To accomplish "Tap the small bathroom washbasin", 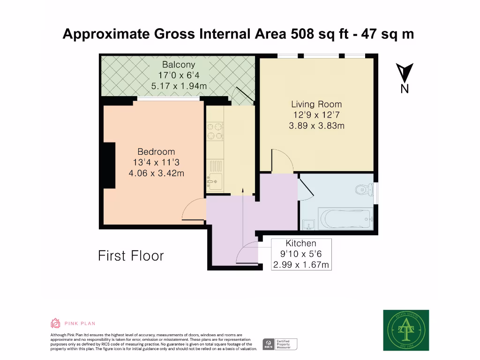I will (x=308, y=225).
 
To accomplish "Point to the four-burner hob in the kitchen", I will (x=215, y=131).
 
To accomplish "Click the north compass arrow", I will (x=404, y=73).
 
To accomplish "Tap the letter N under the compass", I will (x=404, y=89).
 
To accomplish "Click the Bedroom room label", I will (x=156, y=152).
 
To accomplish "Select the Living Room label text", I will (x=316, y=104).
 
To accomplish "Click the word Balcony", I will (x=178, y=65).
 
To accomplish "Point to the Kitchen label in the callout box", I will (x=301, y=243).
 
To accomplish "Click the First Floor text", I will (x=131, y=256).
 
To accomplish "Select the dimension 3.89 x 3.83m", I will (x=316, y=126).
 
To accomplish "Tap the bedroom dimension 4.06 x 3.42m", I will (x=156, y=173).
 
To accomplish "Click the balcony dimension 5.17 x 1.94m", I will (x=178, y=86).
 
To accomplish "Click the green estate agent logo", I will (x=406, y=330).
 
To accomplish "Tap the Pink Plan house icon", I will (x=55, y=323).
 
